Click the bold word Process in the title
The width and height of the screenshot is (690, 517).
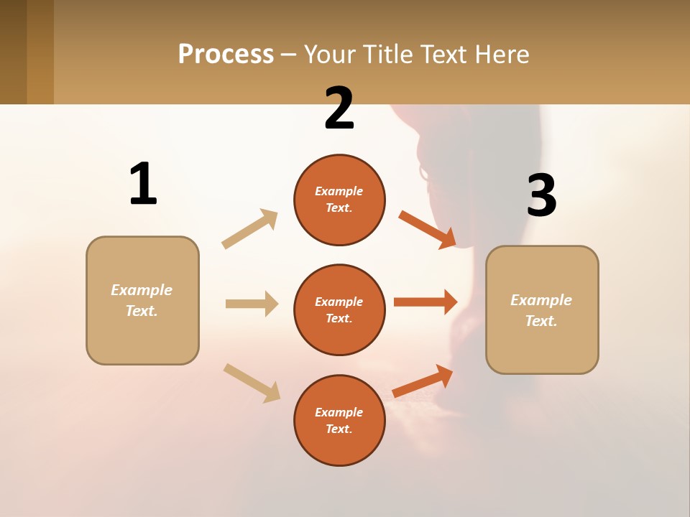point(226,55)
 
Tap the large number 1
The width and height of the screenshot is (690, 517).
point(143,184)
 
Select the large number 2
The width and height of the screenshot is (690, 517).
point(339,109)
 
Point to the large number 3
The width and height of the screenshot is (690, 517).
point(541,195)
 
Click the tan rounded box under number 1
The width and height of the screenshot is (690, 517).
point(142,300)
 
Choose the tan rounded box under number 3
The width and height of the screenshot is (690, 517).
point(542,309)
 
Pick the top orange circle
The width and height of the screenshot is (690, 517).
point(339,200)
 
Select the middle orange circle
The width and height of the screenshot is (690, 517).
point(339,309)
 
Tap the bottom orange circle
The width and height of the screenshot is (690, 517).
point(339,420)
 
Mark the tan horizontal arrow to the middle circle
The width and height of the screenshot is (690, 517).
point(252,304)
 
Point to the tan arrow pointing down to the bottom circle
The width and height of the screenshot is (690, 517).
point(252,383)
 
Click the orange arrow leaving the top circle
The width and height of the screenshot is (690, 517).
point(427,229)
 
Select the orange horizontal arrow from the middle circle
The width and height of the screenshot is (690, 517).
point(425,302)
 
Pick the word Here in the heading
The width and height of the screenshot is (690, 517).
point(501,55)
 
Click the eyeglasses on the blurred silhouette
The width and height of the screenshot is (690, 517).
point(424,172)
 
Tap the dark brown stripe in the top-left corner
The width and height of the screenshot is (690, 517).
point(13,52)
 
